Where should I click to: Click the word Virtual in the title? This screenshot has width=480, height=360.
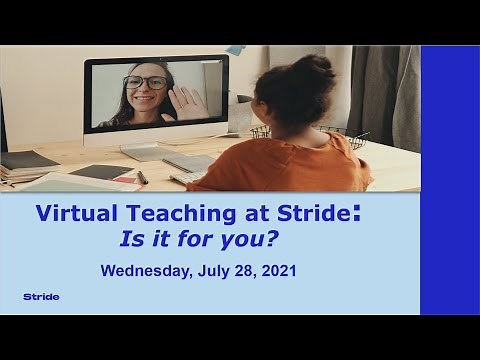[75, 214]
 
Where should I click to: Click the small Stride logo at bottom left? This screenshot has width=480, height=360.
[41, 297]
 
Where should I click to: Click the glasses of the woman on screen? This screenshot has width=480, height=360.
[146, 83]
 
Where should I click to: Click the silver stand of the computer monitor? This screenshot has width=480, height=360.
[150, 149]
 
